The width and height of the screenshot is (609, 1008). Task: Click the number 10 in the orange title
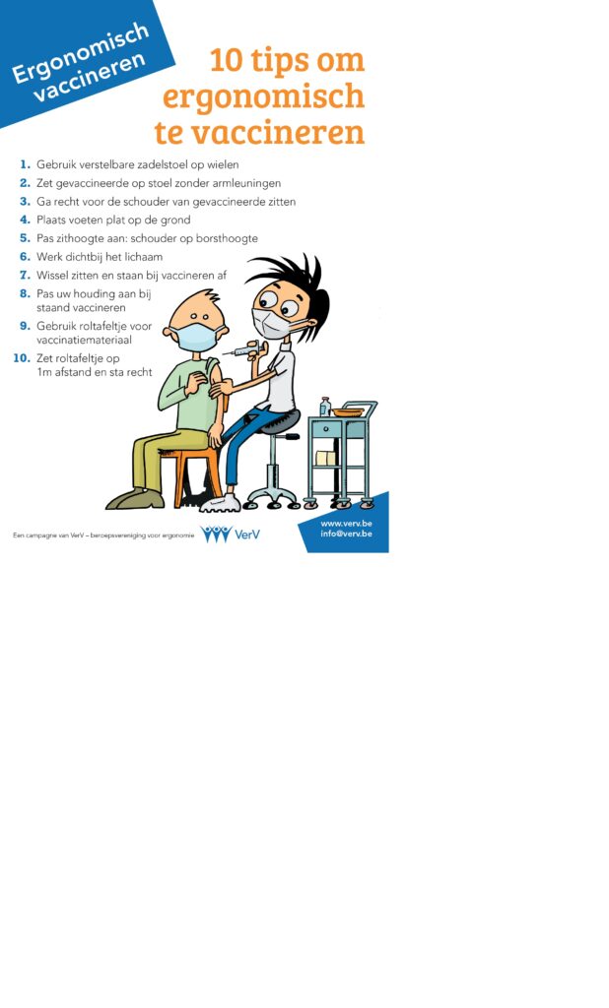pyautogui.click(x=226, y=60)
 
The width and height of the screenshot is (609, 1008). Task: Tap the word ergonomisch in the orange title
pyautogui.click(x=263, y=97)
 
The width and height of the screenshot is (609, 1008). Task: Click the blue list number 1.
pyautogui.click(x=25, y=164)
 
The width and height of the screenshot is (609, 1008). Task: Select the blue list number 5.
pyautogui.click(x=25, y=238)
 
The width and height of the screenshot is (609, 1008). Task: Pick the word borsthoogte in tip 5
pyautogui.click(x=230, y=238)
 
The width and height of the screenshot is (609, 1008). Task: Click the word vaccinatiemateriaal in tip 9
pyautogui.click(x=84, y=340)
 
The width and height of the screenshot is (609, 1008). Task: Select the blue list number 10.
pyautogui.click(x=22, y=358)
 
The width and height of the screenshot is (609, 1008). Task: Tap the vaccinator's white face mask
pyautogui.click(x=273, y=323)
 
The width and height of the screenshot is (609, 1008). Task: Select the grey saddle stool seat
pyautogui.click(x=278, y=421)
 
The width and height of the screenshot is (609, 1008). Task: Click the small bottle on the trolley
pyautogui.click(x=325, y=407)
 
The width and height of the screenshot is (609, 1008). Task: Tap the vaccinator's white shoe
pyautogui.click(x=220, y=503)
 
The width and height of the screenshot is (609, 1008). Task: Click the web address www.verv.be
pyautogui.click(x=346, y=524)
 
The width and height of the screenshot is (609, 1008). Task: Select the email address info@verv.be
pyautogui.click(x=346, y=534)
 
